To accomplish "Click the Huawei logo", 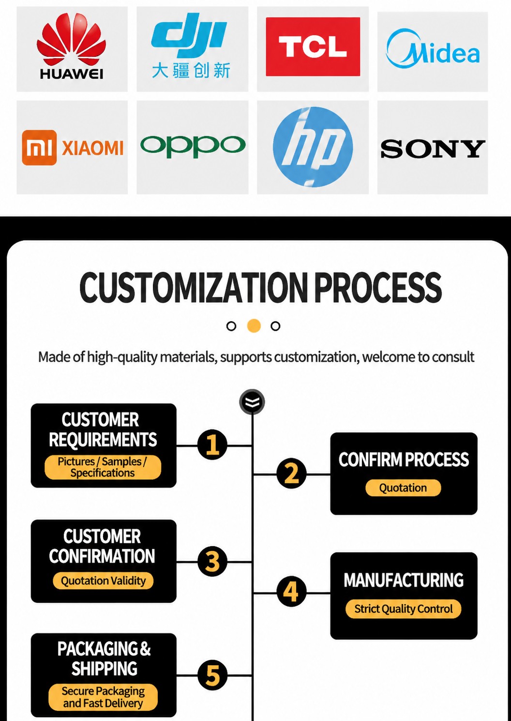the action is pyautogui.click(x=72, y=46).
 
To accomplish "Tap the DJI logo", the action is pyautogui.click(x=191, y=46).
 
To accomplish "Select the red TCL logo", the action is pyautogui.click(x=313, y=46).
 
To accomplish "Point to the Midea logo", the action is pyautogui.click(x=433, y=49).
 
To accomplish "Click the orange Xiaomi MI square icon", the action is pyautogui.click(x=39, y=148).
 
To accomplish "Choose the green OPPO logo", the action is pyautogui.click(x=193, y=146).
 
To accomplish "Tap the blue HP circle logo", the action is pyautogui.click(x=313, y=147).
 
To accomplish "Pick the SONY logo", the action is pyautogui.click(x=433, y=149).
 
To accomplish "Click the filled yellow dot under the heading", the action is pyautogui.click(x=254, y=326).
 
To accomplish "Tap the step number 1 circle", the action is pyautogui.click(x=212, y=445).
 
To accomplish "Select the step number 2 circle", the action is pyautogui.click(x=291, y=474).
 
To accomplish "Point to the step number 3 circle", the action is pyautogui.click(x=212, y=562).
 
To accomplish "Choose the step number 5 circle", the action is pyautogui.click(x=212, y=675).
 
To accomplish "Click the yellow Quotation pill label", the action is pyautogui.click(x=403, y=488).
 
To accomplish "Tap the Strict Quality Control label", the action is pyautogui.click(x=403, y=609).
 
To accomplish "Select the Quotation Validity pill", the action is pyautogui.click(x=103, y=581).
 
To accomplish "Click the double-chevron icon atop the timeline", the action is pyautogui.click(x=252, y=402).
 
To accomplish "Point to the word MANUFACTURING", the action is pyautogui.click(x=404, y=580).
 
